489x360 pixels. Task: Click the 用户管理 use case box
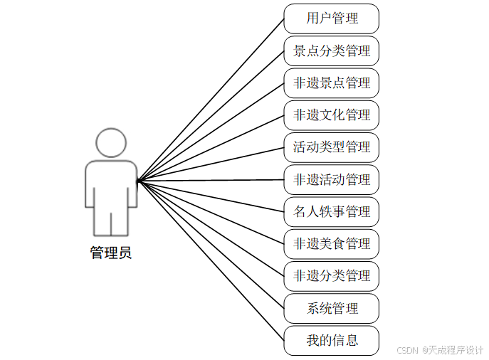[x=331, y=18]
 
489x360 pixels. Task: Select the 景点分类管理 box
[x=331, y=51]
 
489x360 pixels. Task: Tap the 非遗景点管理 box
[x=331, y=83]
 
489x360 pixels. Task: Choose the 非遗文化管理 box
[x=331, y=115]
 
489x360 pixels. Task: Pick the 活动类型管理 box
[x=331, y=147]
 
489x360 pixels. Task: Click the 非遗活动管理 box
[x=331, y=179]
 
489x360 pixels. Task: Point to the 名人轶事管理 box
[x=331, y=212]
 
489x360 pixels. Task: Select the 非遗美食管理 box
[x=331, y=244]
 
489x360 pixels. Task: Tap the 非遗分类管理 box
[x=331, y=276]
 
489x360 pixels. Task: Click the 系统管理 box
[x=331, y=309]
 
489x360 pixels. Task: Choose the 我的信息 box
[x=331, y=341]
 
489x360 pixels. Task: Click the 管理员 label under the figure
[x=110, y=253]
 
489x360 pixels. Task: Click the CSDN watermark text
[x=406, y=350]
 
